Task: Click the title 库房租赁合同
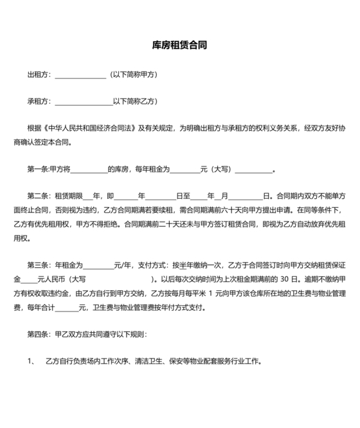click(x=179, y=46)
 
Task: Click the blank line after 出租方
click(x=80, y=75)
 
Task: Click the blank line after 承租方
click(x=83, y=102)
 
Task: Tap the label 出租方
click(x=39, y=75)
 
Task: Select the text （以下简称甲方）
click(x=133, y=75)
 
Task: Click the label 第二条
click(x=37, y=196)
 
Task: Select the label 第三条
click(x=37, y=265)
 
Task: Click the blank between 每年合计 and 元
click(x=67, y=308)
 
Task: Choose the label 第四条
click(x=37, y=334)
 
